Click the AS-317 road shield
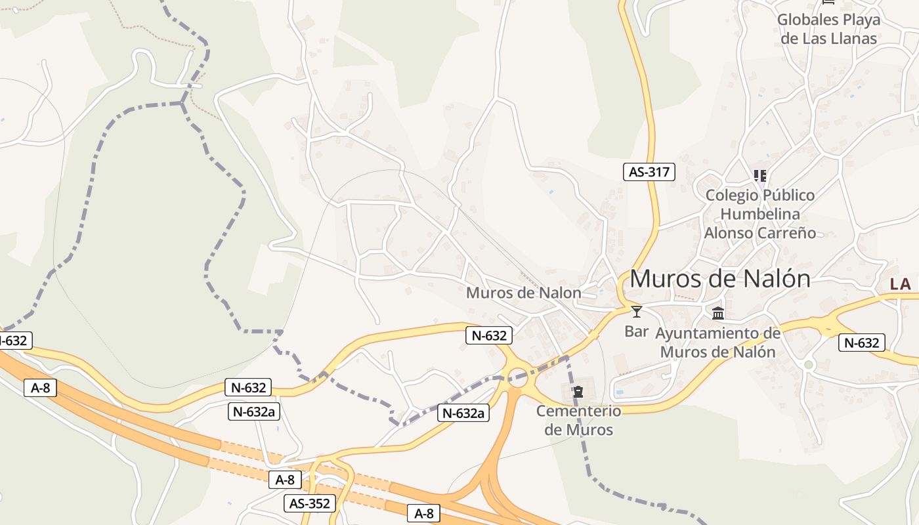point(649,172)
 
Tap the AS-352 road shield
point(310,503)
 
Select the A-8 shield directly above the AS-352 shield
point(285,480)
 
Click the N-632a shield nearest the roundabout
point(463,413)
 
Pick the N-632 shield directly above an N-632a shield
point(249,387)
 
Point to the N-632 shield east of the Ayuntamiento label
point(861,343)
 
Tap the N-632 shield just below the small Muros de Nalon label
point(488,335)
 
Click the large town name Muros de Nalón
point(720,279)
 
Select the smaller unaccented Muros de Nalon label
point(523,293)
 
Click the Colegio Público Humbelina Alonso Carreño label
point(760,214)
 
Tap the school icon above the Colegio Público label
point(760,175)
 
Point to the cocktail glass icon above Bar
point(636,311)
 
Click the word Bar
point(636,331)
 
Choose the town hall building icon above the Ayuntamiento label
point(718,313)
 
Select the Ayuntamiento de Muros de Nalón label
point(718,343)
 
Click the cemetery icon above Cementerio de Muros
point(578,392)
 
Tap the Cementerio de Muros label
point(578,421)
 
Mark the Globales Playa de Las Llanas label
point(828,29)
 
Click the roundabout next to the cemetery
point(518,377)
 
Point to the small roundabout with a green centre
point(809,364)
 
